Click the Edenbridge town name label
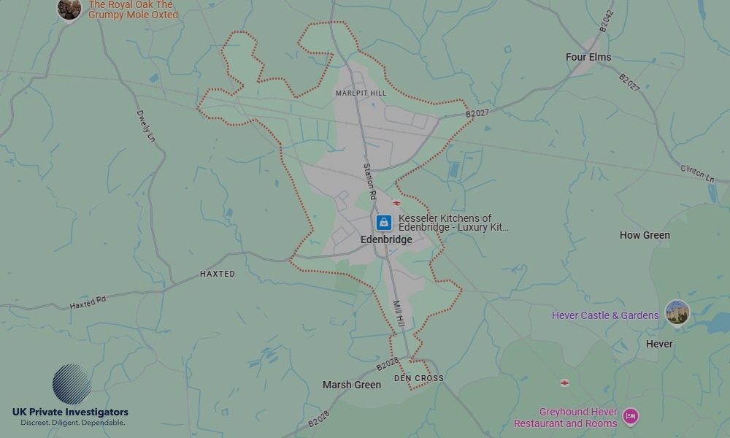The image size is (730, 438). tap(386, 239)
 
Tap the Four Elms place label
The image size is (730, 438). tap(588, 57)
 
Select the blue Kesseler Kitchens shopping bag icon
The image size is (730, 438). tap(383, 223)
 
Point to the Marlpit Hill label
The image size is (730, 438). tap(361, 93)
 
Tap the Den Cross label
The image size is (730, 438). tap(418, 378)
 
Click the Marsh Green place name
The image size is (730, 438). tap(352, 385)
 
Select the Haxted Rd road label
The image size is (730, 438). tap(88, 301)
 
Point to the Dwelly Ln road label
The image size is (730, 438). tap(146, 126)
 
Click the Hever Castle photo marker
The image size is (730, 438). tap(677, 312)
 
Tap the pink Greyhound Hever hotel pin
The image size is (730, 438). tap(631, 417)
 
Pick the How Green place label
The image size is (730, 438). tap(645, 235)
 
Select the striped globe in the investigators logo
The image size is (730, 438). tap(72, 384)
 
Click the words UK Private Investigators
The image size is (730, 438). tap(70, 412)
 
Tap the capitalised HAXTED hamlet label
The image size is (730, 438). tap(218, 274)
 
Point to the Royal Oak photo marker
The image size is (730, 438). tap(69, 9)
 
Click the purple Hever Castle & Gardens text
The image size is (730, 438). tap(605, 315)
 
